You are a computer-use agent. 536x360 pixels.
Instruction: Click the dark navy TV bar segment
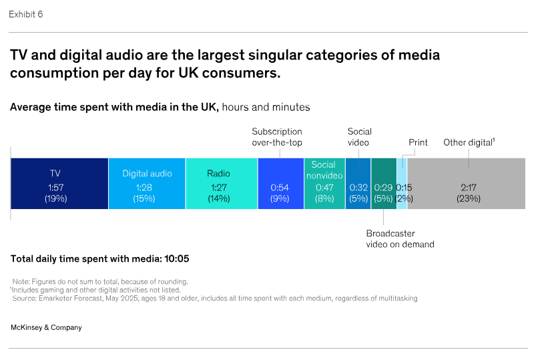point(59,184)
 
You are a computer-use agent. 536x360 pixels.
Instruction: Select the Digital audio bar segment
point(147,184)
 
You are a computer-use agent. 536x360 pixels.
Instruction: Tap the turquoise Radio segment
point(222,184)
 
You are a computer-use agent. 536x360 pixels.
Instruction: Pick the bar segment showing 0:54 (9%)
point(280,184)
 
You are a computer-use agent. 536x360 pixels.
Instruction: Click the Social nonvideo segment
point(324,184)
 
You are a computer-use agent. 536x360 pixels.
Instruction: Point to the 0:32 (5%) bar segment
point(358,184)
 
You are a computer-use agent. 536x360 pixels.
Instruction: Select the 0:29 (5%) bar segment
point(384,184)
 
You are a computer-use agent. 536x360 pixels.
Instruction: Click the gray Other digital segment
point(467,184)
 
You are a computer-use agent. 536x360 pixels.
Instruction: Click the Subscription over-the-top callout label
point(276,137)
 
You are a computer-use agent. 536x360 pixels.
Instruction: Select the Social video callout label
point(359,137)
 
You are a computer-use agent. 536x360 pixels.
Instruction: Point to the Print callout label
point(418,142)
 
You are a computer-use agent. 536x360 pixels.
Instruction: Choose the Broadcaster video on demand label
point(400,239)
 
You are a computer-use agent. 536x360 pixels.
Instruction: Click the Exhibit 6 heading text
point(26,14)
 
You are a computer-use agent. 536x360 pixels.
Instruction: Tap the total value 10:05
point(184,259)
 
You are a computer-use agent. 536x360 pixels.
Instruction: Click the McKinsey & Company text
point(46,327)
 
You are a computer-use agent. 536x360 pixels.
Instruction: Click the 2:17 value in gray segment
point(468,188)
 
